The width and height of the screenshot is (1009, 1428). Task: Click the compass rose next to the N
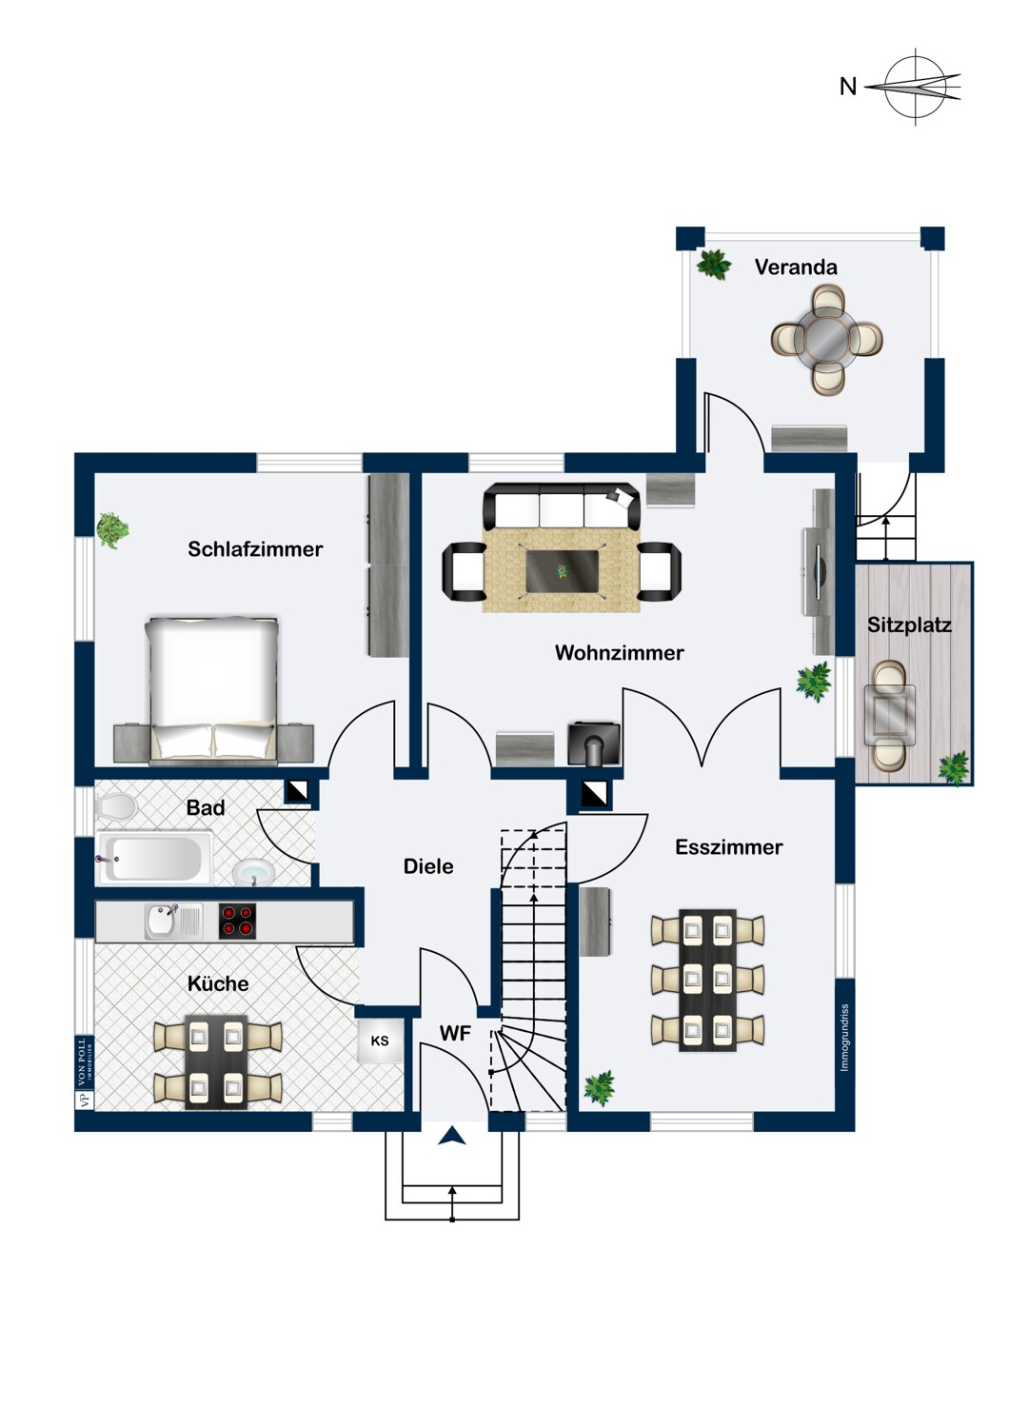(x=917, y=87)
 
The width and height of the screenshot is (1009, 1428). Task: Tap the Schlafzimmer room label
(x=255, y=549)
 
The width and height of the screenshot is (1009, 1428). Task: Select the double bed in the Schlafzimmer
(x=212, y=688)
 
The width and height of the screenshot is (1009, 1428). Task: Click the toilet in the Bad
(x=116, y=807)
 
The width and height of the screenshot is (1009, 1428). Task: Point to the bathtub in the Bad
(x=155, y=858)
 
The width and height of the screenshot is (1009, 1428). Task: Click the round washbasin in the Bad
(x=252, y=872)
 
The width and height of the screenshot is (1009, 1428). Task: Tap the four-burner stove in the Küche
(x=237, y=921)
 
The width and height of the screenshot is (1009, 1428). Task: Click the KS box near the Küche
(x=380, y=1041)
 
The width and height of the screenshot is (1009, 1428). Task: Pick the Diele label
(x=428, y=866)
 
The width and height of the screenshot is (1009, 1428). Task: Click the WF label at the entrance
(x=455, y=1033)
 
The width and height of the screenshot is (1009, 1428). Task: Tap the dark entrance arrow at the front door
(x=451, y=1135)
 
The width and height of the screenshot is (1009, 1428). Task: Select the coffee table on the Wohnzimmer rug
(x=563, y=570)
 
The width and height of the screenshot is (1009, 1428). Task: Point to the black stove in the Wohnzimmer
(x=594, y=744)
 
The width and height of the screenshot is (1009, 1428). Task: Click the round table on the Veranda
(x=826, y=338)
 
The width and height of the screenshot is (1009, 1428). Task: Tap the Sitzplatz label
(x=909, y=625)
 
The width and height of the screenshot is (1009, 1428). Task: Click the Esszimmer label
(x=728, y=847)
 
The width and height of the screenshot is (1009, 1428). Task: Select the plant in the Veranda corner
(x=713, y=264)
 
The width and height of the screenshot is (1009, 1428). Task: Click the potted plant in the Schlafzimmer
(x=112, y=529)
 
